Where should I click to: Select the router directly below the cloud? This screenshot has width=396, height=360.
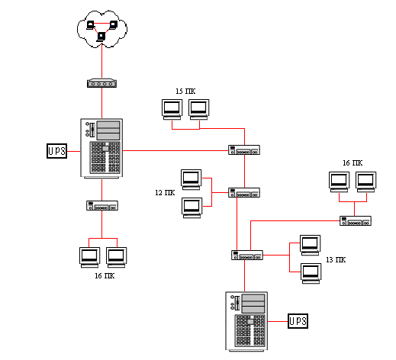(101, 83)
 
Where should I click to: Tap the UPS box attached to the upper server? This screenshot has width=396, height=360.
(56, 151)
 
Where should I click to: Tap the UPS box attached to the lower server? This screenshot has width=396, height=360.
(298, 321)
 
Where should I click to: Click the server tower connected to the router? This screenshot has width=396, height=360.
(101, 149)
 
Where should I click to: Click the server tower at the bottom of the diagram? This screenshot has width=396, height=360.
(246, 321)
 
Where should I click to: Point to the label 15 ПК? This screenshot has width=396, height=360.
(185, 92)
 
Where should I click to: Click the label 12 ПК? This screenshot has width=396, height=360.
(165, 193)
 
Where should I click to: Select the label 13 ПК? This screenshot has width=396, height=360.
(336, 260)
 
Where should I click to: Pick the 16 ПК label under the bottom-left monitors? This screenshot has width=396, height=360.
(105, 276)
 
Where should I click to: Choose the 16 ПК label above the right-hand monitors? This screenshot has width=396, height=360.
(353, 163)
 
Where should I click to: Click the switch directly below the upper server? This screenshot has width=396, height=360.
(102, 205)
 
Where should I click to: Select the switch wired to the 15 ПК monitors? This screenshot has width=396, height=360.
(244, 149)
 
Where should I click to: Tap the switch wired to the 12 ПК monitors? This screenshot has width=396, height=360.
(244, 192)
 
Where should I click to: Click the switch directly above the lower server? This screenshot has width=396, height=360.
(247, 255)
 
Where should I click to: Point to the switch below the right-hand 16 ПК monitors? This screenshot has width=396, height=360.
(356, 220)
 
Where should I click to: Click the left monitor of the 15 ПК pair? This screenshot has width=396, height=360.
(172, 109)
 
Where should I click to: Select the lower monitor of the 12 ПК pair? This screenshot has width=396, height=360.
(192, 208)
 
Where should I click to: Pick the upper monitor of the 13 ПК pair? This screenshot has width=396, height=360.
(311, 246)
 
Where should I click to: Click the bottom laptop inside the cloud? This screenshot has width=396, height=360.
(101, 37)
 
